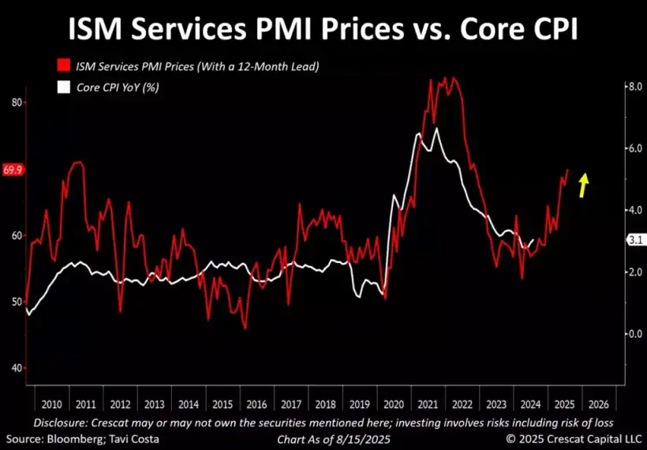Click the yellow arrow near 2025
point(583,186)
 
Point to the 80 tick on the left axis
point(16,103)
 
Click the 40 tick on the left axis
point(16,368)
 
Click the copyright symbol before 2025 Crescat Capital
point(510,438)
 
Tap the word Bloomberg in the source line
point(70,438)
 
